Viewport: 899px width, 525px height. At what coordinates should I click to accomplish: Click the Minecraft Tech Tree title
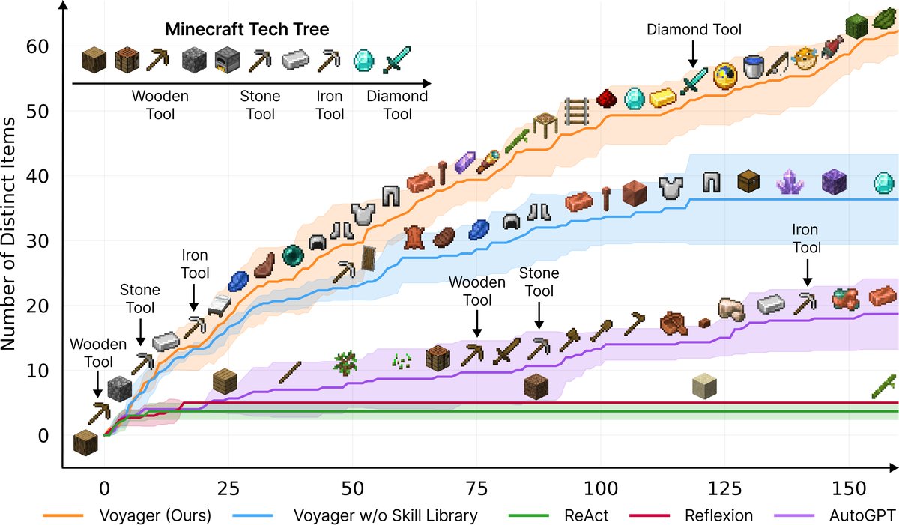coord(247,30)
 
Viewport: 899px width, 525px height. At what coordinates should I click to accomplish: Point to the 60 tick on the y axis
coord(40,46)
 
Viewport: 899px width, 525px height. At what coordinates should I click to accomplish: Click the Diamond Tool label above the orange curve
coord(694,30)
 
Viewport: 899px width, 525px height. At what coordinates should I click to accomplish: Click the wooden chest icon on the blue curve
coord(748,182)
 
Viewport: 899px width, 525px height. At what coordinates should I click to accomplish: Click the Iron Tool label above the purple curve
coord(806,238)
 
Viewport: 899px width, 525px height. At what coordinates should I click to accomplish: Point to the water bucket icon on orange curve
coord(754,67)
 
